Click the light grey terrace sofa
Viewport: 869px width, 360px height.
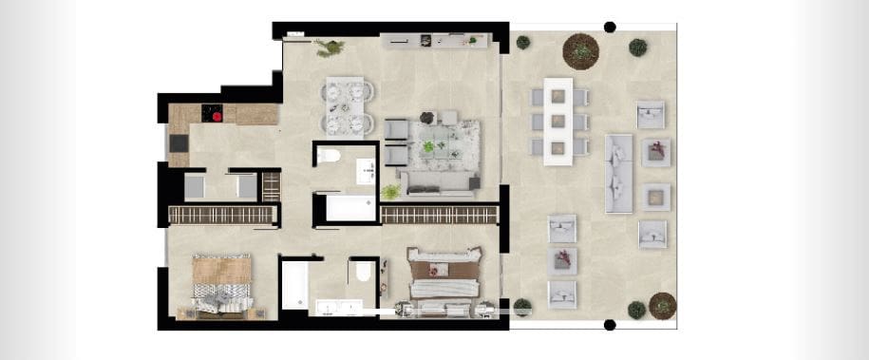618,173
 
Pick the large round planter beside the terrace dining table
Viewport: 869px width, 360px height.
580,50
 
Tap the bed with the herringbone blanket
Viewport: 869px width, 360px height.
222,285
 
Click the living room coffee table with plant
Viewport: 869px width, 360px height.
436,147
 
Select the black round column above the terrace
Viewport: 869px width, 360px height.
610,28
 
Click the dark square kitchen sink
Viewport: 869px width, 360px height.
178,143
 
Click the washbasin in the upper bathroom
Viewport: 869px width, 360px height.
366,172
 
